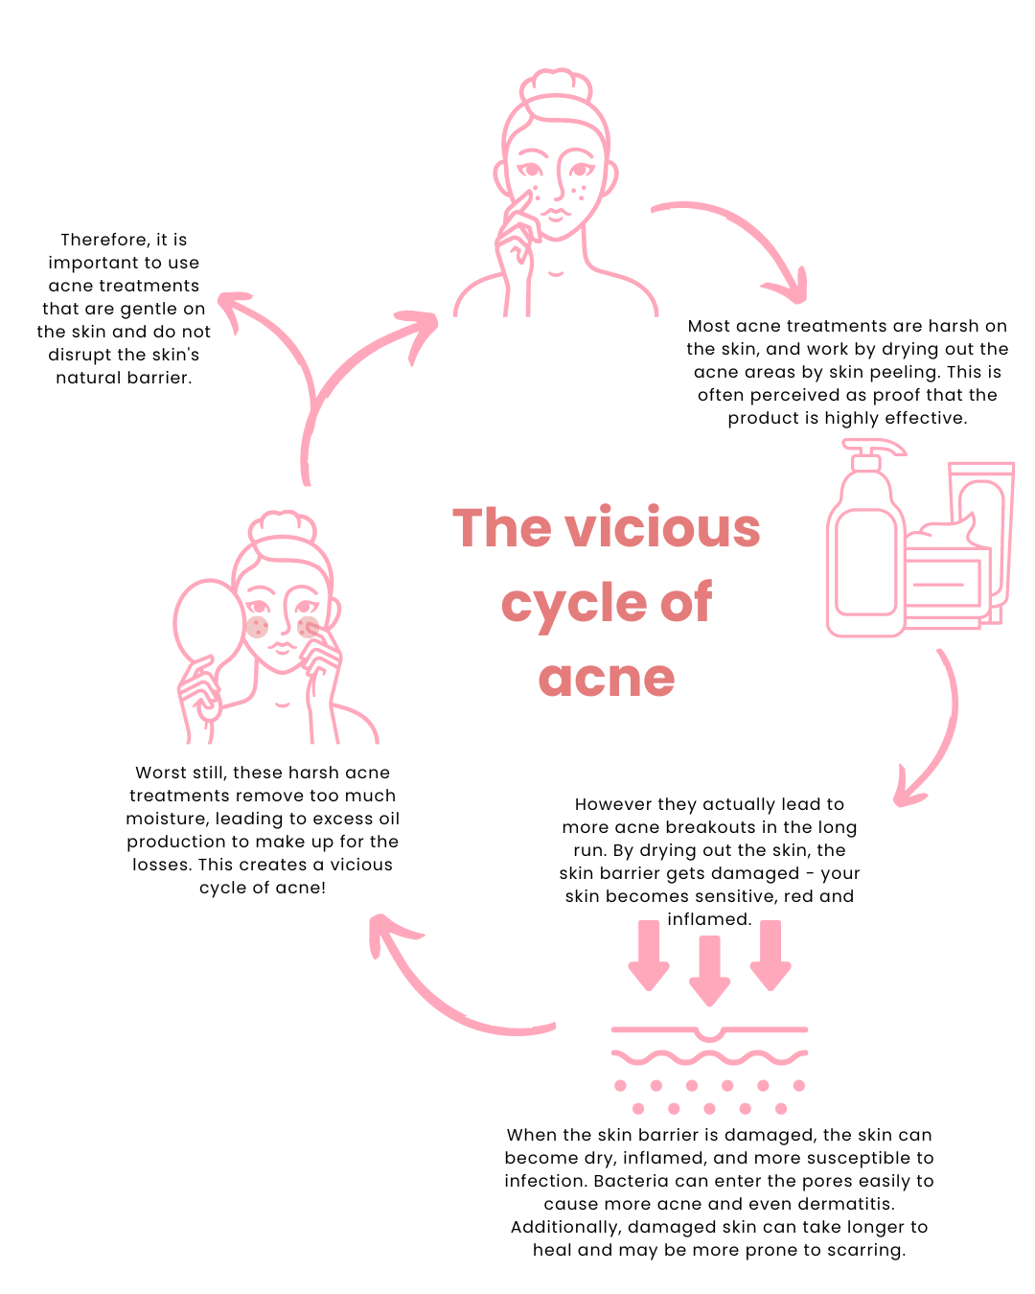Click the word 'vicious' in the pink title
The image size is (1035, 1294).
662,528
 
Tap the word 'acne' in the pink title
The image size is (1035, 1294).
607,679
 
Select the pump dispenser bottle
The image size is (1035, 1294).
865,546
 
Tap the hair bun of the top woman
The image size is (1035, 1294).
556,86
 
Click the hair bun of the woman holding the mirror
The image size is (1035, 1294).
282,526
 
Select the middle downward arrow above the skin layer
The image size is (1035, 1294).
709,968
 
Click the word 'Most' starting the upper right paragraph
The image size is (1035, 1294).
709,326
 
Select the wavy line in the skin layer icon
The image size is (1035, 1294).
709,1057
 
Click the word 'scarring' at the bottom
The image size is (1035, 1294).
868,1250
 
